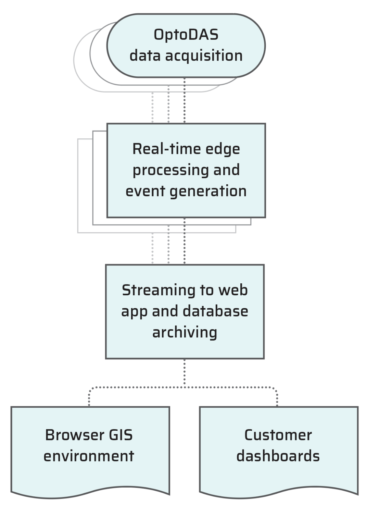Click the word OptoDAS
[186, 35]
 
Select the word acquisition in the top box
[204, 56]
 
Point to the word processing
[170, 171]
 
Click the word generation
[208, 191]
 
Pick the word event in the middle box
[145, 191]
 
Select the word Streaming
[159, 291]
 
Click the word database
[215, 311]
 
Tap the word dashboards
[278, 456]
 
